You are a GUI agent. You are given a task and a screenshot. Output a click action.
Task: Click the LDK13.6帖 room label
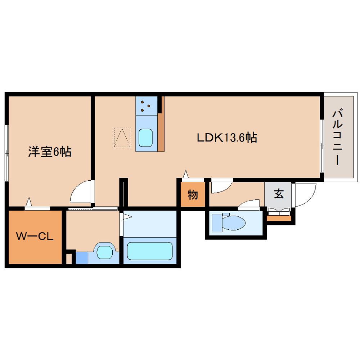(226, 138)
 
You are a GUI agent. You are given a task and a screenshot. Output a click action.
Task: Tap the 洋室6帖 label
(50, 152)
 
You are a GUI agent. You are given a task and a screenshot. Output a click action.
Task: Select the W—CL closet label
(35, 237)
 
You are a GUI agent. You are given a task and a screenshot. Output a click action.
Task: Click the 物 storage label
(193, 195)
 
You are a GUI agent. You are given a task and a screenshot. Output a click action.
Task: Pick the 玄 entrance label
(279, 194)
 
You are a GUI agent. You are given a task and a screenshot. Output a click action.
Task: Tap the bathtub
(149, 251)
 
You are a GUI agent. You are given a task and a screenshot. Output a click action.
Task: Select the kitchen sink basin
(146, 138)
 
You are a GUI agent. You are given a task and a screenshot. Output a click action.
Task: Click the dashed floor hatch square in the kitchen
(122, 137)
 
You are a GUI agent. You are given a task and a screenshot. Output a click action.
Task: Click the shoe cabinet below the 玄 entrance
(279, 218)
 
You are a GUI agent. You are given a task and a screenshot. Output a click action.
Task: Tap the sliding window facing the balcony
(321, 146)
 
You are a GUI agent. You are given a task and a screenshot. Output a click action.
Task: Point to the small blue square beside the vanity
(82, 258)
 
